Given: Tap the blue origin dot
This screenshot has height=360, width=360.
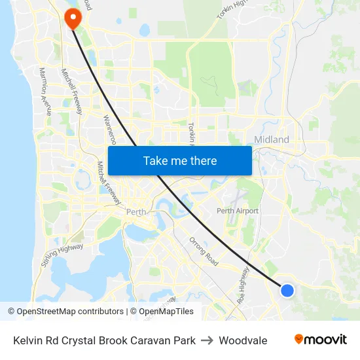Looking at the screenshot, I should point(287,290).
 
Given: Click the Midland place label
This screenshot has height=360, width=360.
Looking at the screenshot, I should point(272,140).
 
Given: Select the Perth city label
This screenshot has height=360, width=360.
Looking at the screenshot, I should point(136,212).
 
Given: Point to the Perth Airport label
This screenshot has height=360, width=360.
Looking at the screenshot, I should point(238,211).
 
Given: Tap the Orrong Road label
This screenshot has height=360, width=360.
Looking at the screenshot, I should point(204,250).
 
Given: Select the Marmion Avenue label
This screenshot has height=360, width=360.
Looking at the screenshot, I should point(45,92).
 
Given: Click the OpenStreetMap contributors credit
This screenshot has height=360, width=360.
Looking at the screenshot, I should point(65,312).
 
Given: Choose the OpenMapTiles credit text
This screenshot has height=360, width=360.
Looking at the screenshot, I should point(162,312).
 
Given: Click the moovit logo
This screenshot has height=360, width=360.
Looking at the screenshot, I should point(321,340).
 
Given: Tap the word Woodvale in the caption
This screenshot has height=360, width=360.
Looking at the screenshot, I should point(243,340).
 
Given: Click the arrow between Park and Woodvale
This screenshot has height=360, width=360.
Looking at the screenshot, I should point(207,340).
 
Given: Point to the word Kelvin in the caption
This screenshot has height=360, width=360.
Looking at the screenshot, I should point(27,340).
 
